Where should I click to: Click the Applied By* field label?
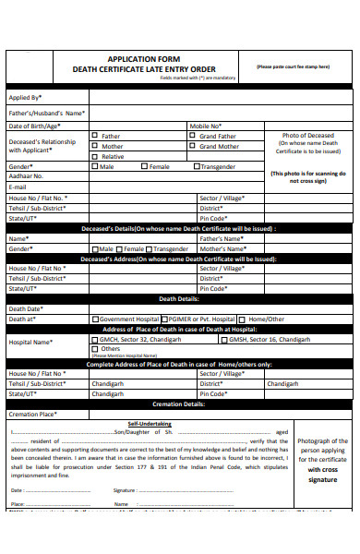(25, 97)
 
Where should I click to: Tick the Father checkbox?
(94, 136)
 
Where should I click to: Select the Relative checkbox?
(94, 156)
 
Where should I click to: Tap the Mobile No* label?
(205, 126)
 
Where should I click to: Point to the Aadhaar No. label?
(26, 175)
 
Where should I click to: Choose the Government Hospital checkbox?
(95, 319)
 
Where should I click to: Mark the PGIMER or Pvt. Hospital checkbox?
(162, 319)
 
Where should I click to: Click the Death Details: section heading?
(180, 299)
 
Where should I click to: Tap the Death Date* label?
(25, 308)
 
